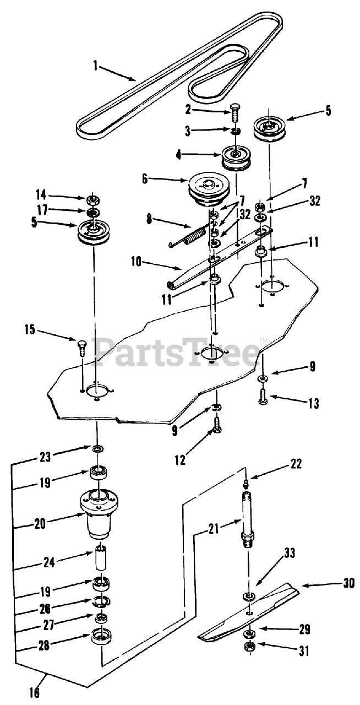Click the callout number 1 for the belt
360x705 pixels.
click(x=96, y=67)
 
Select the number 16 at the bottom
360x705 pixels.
click(x=34, y=692)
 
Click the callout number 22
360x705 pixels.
click(x=296, y=464)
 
